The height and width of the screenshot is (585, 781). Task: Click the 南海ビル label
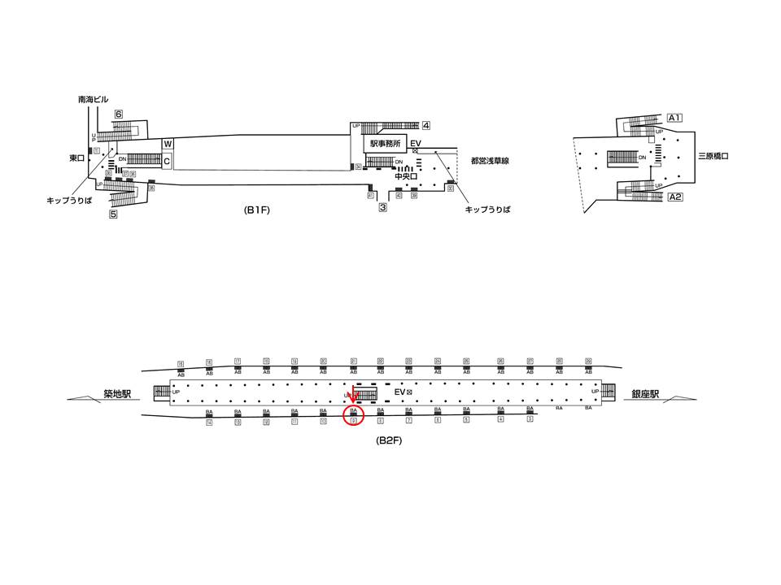coord(94,98)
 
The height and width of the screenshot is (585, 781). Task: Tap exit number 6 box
coord(119,115)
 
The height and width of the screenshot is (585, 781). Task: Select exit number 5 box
coord(113,214)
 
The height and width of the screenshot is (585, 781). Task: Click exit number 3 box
coord(382,207)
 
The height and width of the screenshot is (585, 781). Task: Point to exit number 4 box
coord(425,125)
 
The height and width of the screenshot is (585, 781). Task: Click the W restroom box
coord(168,144)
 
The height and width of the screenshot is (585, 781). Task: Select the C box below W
coord(167,161)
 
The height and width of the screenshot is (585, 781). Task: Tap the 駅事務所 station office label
coord(386,144)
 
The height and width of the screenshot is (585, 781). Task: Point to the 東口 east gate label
coord(77,158)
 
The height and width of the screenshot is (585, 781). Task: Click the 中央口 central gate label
coord(404,175)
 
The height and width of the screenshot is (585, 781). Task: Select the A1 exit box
coord(674,117)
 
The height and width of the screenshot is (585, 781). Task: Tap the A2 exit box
coord(674,197)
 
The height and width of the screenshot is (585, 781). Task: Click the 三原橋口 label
coord(713,154)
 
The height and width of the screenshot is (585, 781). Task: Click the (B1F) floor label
coord(258,209)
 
